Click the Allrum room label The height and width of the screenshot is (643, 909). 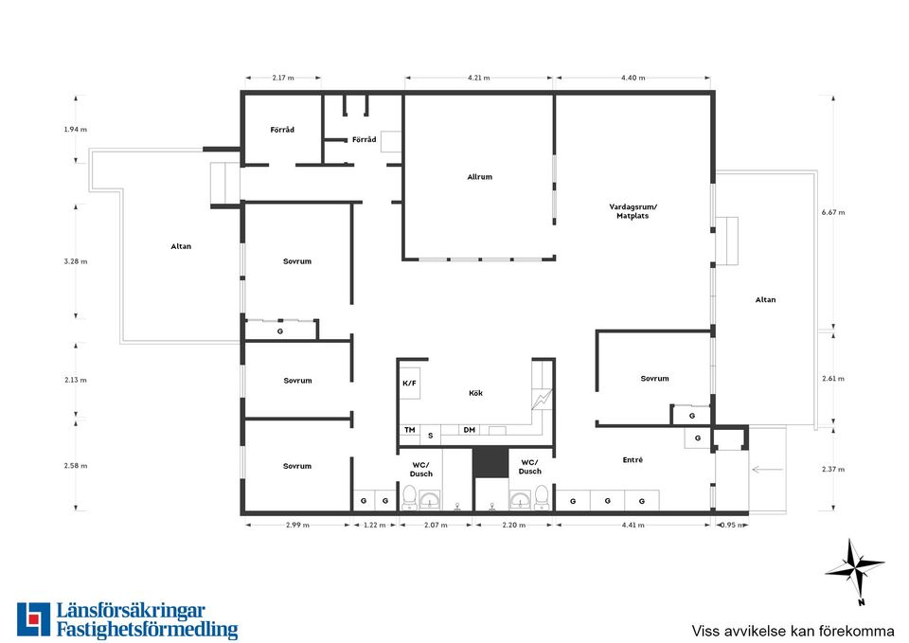[x=479, y=177]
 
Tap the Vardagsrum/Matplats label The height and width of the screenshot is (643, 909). [x=633, y=211]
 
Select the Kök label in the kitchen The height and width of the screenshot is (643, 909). [x=475, y=393]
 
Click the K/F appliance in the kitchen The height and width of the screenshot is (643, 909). [x=409, y=383]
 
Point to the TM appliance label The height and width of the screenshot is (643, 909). [x=410, y=430]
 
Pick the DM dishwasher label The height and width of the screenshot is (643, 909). [x=470, y=430]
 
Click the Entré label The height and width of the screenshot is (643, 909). [x=633, y=460]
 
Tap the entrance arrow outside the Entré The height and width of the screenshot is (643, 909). [x=767, y=469]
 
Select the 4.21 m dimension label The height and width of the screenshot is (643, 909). [x=478, y=78]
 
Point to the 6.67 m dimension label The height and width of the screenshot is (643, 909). [x=833, y=212]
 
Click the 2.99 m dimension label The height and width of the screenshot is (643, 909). [x=297, y=526]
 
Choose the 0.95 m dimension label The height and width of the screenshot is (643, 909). [x=731, y=526]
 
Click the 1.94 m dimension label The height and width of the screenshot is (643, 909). [x=76, y=130]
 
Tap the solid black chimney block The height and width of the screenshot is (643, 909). [x=490, y=462]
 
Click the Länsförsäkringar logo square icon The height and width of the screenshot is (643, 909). [x=34, y=619]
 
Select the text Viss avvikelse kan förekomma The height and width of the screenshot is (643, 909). [x=793, y=631]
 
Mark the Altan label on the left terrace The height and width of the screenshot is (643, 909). [x=181, y=246]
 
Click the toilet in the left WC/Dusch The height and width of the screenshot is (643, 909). [x=409, y=497]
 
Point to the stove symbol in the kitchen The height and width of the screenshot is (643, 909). [x=543, y=399]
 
